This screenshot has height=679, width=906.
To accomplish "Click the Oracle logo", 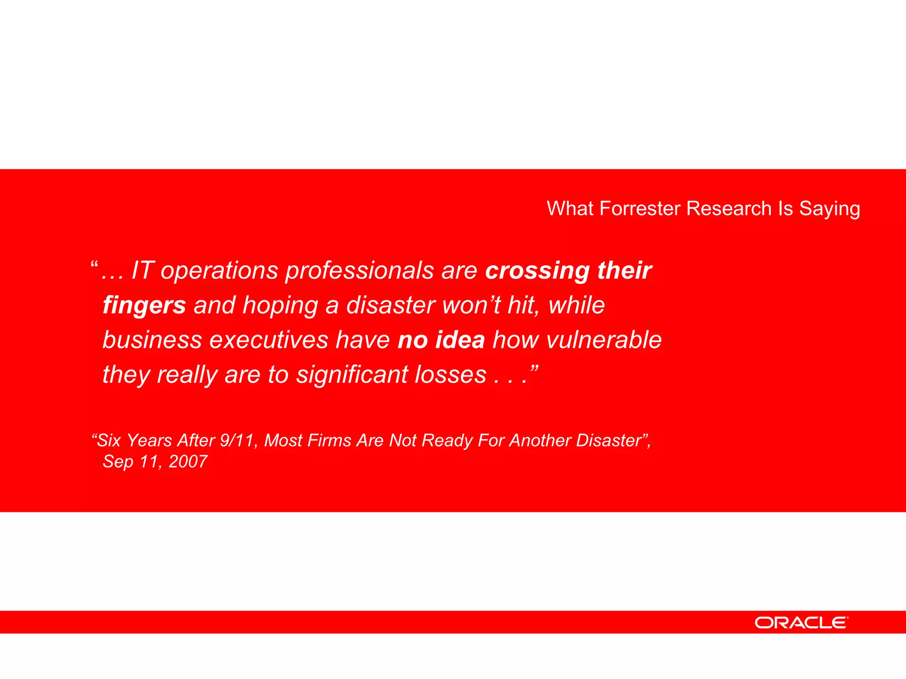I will coord(801,623).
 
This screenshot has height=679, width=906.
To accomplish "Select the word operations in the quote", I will coord(219,271).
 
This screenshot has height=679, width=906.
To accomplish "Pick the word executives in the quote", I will coord(269,339).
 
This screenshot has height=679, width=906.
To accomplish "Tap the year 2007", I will coord(188,462).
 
